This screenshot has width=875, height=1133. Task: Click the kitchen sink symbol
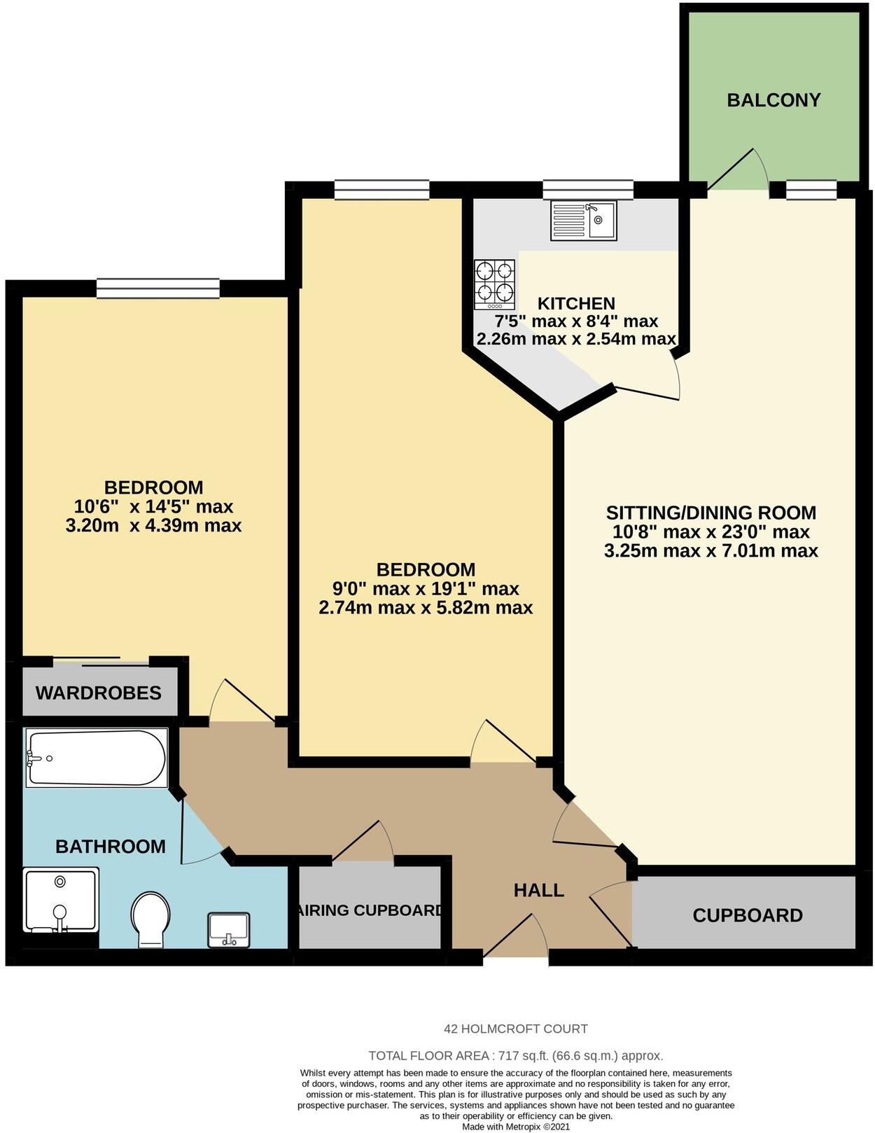click(583, 221)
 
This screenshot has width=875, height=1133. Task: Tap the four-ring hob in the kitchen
click(495, 284)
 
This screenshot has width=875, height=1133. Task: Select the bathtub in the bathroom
click(97, 758)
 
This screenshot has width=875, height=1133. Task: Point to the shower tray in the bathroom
click(60, 901)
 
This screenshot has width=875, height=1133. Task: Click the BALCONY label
click(773, 100)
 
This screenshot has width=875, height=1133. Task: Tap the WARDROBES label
click(99, 693)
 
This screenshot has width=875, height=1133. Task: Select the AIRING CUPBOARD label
click(370, 910)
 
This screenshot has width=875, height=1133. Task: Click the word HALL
click(538, 890)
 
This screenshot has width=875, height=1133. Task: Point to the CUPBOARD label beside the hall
click(747, 915)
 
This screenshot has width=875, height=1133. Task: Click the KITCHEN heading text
click(576, 303)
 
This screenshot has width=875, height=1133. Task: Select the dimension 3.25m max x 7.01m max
click(710, 550)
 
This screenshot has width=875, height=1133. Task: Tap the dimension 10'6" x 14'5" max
click(153, 506)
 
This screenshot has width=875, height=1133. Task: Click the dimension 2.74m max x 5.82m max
click(426, 607)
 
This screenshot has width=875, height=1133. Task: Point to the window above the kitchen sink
click(588, 189)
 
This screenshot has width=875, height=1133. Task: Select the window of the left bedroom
click(157, 288)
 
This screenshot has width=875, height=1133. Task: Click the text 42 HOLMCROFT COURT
click(516, 1029)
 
